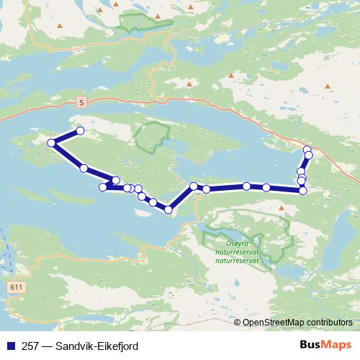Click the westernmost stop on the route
click(52, 143)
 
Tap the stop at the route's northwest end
click(80, 131)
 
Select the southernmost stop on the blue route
click(168, 210)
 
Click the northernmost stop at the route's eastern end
click(307, 150)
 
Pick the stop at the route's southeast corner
click(303, 191)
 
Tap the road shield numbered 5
click(81, 102)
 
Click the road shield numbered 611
click(16, 287)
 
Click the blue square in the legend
click(9, 346)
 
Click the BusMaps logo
click(325, 346)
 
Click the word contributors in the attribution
click(328, 323)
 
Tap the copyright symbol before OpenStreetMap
click(237, 323)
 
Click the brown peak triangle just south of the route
click(281, 208)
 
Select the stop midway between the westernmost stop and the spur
click(84, 168)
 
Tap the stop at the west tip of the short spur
click(103, 188)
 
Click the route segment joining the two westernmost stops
click(66, 138)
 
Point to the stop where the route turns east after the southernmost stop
click(194, 186)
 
